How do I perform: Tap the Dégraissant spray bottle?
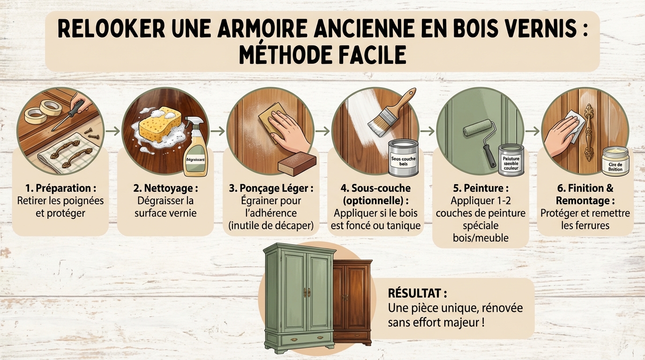click(195, 150)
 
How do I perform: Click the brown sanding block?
click(297, 164)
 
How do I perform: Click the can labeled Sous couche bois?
click(403, 159)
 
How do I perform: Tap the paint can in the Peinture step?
click(511, 160)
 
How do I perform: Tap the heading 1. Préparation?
click(60, 188)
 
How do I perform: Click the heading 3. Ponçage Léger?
click(270, 188)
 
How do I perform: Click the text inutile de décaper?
click(270, 225)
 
